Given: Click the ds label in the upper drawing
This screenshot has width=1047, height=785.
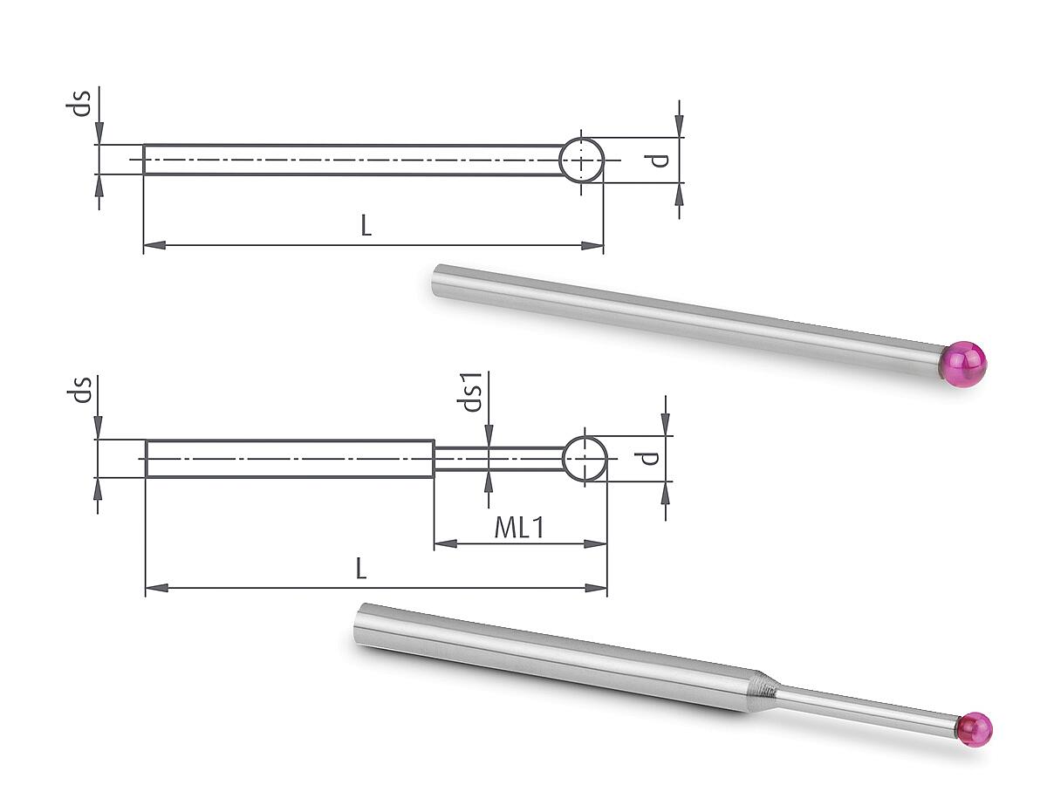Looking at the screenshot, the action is [x=79, y=103].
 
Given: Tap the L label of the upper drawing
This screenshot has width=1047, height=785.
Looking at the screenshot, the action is [x=366, y=225].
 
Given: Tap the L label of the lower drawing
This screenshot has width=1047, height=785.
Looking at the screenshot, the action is [x=361, y=569].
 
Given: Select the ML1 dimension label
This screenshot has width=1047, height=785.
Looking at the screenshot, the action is [x=519, y=528].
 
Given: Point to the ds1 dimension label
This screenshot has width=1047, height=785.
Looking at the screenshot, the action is [x=469, y=392].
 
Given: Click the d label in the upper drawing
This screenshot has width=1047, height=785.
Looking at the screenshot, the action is [x=659, y=160].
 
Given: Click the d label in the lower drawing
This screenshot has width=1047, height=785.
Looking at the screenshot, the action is [x=649, y=458].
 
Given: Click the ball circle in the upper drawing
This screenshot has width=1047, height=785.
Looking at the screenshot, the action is [x=581, y=138].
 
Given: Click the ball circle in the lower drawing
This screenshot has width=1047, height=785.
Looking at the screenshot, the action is [x=585, y=437].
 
